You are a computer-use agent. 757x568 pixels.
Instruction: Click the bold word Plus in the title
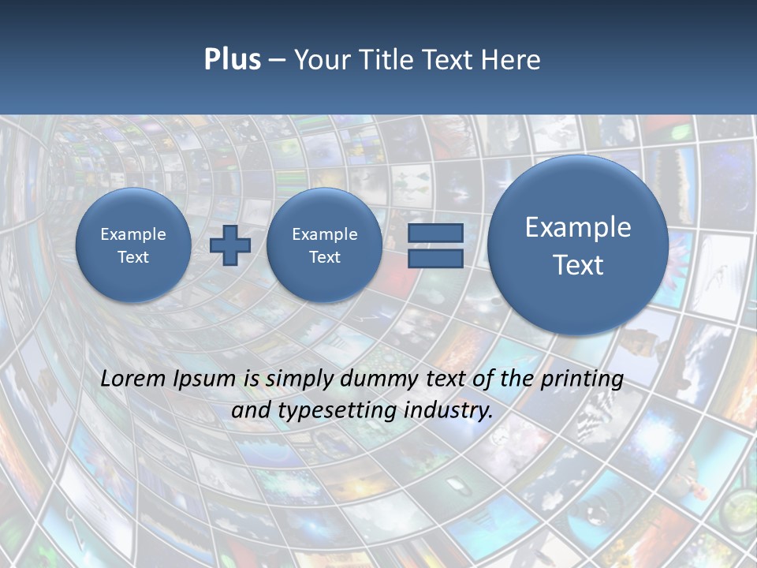click(232, 60)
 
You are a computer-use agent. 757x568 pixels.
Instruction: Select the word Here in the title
click(513, 60)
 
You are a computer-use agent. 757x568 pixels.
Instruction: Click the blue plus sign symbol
click(230, 245)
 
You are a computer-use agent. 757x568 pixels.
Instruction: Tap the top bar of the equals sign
click(435, 233)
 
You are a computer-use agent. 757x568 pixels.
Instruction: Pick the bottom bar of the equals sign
click(435, 258)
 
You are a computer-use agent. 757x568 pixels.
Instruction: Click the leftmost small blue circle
click(133, 245)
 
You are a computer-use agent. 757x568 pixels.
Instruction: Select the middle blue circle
click(324, 245)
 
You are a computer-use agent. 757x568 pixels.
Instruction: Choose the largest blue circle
click(578, 245)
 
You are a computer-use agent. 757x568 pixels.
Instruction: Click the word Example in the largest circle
click(578, 227)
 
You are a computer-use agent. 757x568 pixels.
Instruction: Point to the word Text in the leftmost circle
click(133, 257)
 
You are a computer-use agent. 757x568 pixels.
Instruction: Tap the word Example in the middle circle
click(324, 234)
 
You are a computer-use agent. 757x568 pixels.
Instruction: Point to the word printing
click(582, 379)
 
